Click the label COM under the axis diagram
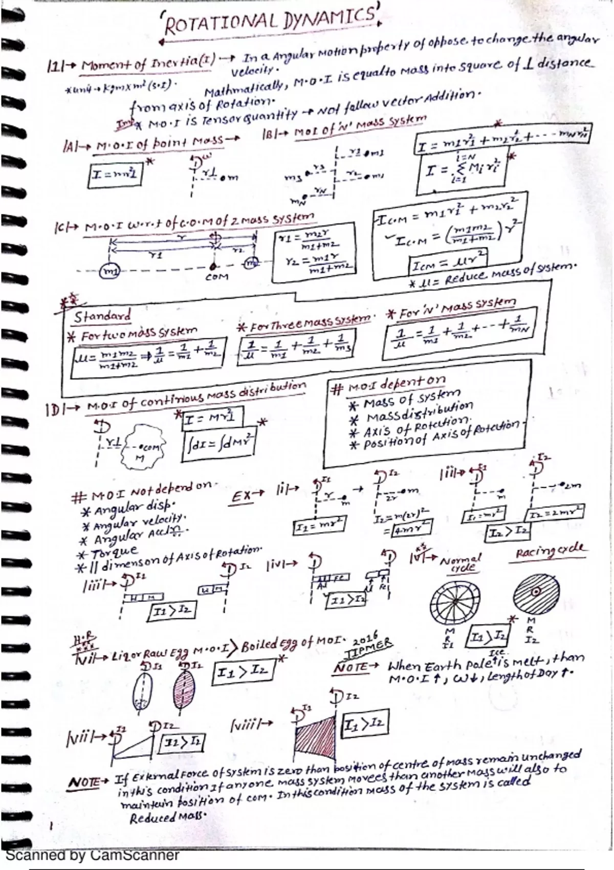[216, 277]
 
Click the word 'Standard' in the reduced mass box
[102, 316]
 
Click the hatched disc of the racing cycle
[535, 593]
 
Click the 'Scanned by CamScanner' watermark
[92, 855]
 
